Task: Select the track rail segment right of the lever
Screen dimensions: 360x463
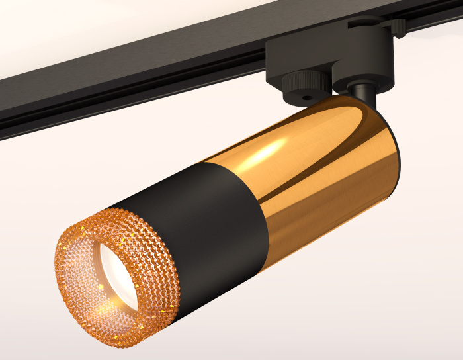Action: point(437,17)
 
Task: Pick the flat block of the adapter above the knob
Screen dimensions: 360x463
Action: point(291,63)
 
